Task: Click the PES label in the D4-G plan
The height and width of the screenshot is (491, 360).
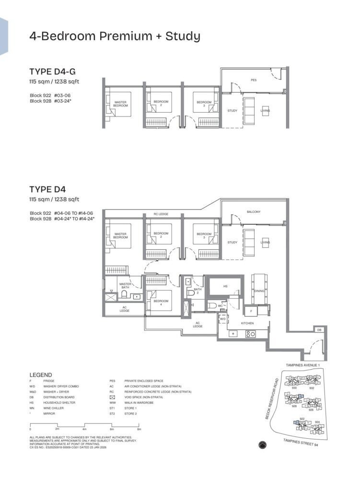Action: coord(254,80)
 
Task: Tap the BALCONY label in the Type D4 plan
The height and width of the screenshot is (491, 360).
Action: coord(254,212)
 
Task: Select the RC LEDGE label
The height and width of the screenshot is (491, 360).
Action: coord(161,214)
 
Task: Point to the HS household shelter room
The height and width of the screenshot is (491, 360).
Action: coord(225,286)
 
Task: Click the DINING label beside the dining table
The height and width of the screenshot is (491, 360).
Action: coord(259,291)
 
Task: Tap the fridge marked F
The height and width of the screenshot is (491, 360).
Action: coord(251,311)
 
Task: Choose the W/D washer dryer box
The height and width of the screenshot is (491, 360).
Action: coord(222,318)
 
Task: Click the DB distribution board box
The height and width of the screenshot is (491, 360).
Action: coord(319,330)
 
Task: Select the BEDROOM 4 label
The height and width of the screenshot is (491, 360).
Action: coord(161,303)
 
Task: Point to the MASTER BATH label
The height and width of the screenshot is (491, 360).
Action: coord(126,286)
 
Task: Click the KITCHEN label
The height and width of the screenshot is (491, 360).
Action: coord(247,324)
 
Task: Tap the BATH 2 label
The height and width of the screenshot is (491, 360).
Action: coord(198,291)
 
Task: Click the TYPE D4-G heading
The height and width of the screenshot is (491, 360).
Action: coord(52,72)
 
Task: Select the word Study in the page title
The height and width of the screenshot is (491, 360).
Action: coord(183,36)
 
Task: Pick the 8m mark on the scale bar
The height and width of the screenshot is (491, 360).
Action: coord(139,430)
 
